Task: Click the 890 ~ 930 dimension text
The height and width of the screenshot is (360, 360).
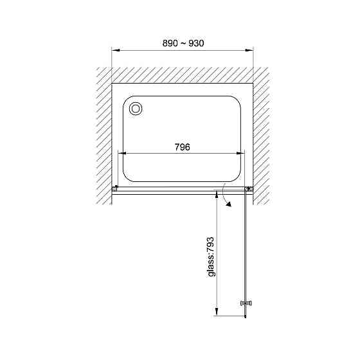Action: tap(183, 43)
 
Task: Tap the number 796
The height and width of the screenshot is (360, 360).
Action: tap(183, 147)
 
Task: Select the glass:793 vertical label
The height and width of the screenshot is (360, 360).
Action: tap(211, 256)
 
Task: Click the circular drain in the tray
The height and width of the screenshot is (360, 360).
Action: tap(136, 109)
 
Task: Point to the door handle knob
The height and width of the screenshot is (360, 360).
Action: tap(246, 303)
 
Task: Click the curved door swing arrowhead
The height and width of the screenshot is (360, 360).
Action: tap(228, 204)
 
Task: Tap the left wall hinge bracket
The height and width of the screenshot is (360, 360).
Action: tap(115, 189)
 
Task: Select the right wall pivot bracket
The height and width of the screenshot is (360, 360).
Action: tap(249, 189)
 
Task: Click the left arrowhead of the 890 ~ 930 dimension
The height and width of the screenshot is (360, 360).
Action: tap(116, 50)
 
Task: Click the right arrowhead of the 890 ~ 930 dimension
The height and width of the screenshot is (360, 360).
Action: tap(249, 50)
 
